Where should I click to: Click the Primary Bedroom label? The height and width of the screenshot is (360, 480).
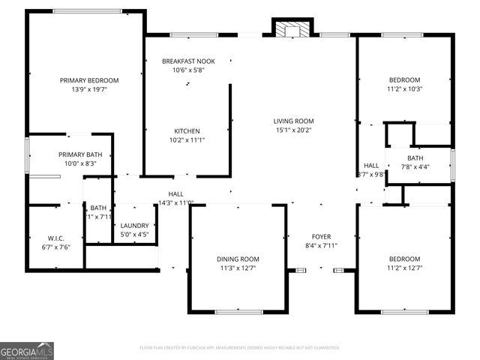(x=89, y=79)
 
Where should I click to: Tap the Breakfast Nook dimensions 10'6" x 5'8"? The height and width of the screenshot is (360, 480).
(x=168, y=70)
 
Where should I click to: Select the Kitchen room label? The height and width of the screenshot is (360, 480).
(x=187, y=130)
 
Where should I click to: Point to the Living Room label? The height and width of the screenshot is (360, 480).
(x=293, y=121)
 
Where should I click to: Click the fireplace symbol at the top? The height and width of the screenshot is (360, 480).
(x=290, y=29)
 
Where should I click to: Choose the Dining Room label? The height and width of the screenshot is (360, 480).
(x=238, y=259)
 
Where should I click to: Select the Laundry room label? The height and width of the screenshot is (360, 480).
(x=135, y=225)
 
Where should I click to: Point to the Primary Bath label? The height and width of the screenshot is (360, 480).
(x=80, y=154)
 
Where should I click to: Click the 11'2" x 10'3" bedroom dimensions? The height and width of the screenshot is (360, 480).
(x=404, y=88)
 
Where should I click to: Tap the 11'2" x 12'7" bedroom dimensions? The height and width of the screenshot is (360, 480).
(x=404, y=268)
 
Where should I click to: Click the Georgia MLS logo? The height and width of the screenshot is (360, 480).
(x=27, y=350)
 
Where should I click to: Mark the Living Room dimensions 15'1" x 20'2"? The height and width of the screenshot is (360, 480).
(x=293, y=130)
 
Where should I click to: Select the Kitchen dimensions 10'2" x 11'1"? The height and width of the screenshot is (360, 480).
(x=187, y=139)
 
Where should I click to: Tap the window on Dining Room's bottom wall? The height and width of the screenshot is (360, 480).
(x=238, y=311)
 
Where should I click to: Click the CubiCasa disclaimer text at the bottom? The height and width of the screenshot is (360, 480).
(x=240, y=348)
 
